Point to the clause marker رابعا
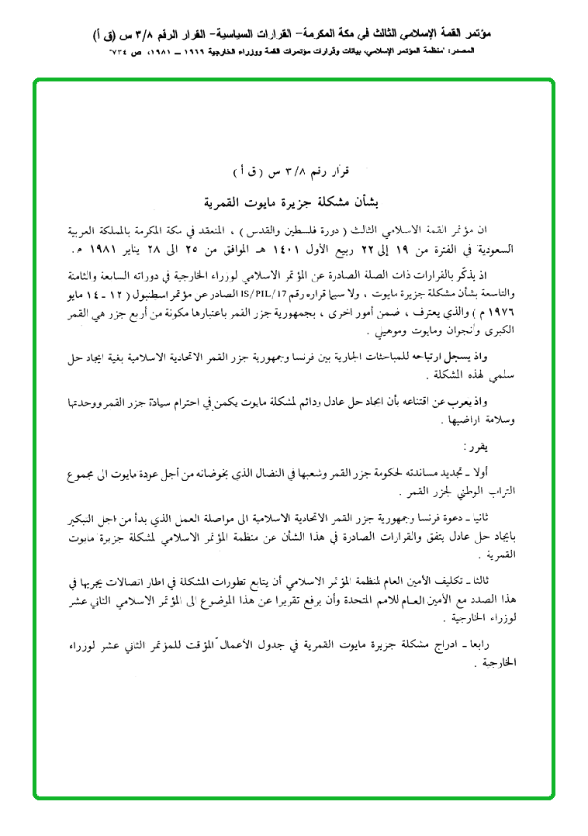click(492, 647)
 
